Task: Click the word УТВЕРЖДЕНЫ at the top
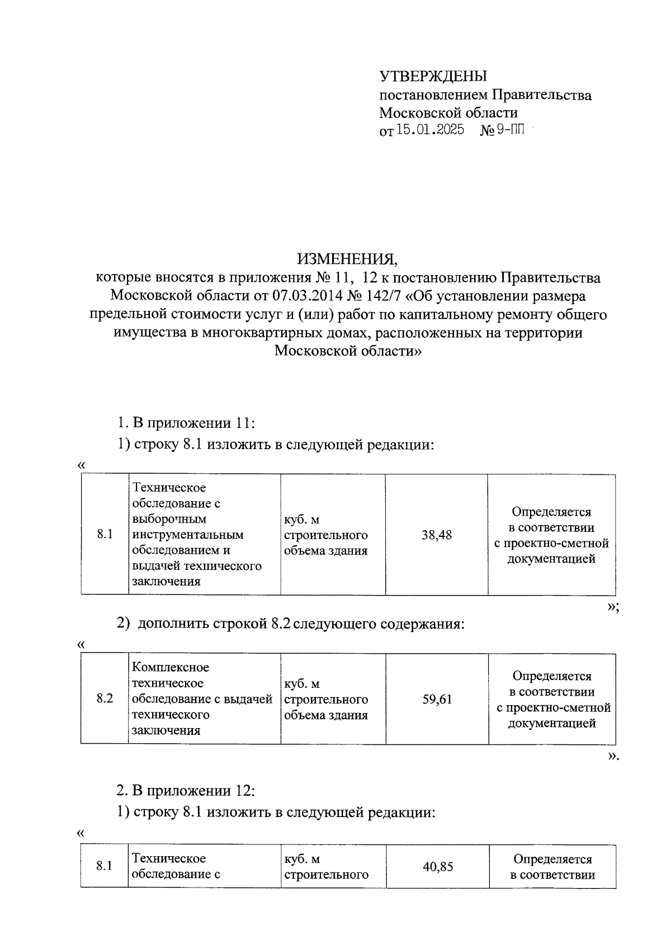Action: tap(433, 76)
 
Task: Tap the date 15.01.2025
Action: tap(430, 130)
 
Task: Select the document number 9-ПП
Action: tap(511, 130)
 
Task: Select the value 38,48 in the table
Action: tap(436, 535)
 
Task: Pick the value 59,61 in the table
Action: tap(437, 699)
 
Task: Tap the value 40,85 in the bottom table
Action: tap(437, 867)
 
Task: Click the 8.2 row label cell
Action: tap(105, 699)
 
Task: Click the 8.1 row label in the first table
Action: tap(105, 535)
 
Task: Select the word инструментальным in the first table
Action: tap(187, 535)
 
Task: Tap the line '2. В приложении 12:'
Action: tap(186, 791)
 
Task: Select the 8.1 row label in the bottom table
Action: tap(105, 867)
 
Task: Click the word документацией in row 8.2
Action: tap(552, 724)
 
